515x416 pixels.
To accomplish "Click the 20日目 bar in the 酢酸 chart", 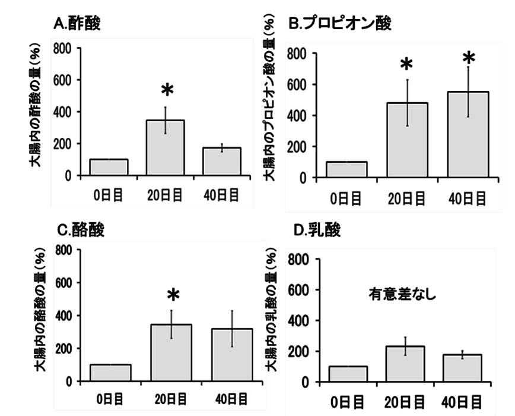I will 166,148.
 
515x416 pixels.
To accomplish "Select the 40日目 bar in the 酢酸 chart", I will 222,162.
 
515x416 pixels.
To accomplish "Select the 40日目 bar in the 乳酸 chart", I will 462,368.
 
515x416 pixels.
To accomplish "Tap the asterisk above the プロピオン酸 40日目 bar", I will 469,59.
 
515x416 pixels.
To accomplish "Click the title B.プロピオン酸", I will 339,24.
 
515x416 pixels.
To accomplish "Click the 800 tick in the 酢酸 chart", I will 63,48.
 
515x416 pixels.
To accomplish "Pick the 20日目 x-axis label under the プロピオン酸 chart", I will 406,199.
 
